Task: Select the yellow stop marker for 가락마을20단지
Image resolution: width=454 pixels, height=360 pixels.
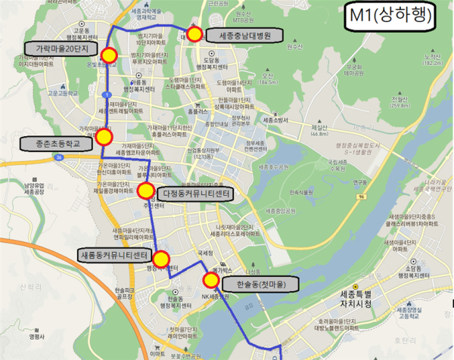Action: (108, 55)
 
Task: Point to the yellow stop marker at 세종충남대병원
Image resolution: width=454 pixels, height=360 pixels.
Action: (194, 34)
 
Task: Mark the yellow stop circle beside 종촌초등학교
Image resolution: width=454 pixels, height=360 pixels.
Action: (104, 137)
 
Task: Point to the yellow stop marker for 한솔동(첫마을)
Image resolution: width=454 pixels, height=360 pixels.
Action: (211, 281)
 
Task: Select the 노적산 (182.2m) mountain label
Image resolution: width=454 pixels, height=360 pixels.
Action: (433, 59)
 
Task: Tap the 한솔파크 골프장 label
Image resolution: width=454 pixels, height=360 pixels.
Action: (123, 294)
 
